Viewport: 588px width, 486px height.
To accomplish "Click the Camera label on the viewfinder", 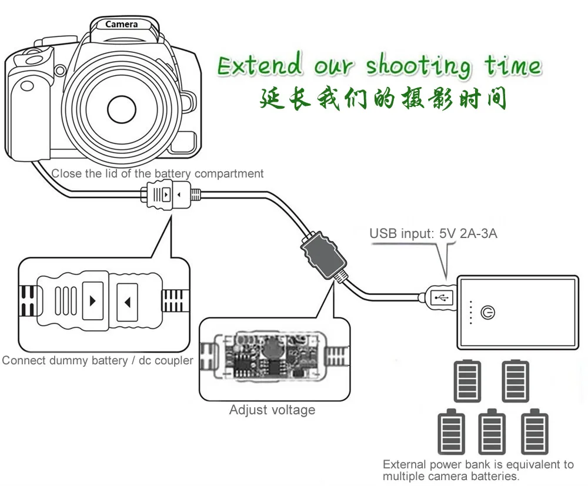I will tap(121, 24).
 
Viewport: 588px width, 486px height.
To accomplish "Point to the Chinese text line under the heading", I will tap(383, 98).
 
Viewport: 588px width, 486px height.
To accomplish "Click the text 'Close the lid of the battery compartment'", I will tap(157, 173).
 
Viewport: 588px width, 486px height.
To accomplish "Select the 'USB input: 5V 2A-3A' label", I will tap(433, 233).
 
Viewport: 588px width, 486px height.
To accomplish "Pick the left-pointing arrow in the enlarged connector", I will tap(127, 301).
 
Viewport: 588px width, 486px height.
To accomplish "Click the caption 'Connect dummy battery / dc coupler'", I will tap(98, 360).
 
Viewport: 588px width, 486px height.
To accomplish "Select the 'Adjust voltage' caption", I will tap(272, 410).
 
